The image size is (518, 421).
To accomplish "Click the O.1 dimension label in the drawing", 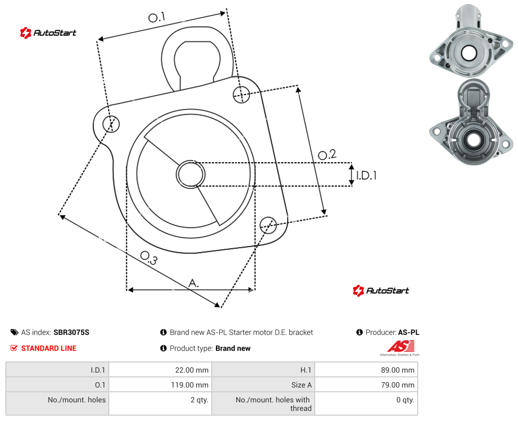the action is coord(157,17).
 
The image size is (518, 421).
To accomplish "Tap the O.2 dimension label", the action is coord(327,154).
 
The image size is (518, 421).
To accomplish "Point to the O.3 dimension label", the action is coord(149,258).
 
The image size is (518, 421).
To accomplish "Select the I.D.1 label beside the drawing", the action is coord(366,175).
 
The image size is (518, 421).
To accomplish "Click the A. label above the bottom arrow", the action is coord(194,283).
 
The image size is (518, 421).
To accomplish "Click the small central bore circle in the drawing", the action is coord(191,174).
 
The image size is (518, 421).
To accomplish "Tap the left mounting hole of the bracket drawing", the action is coord(111,124).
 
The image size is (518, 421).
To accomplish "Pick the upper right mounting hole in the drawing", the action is coord(241,94).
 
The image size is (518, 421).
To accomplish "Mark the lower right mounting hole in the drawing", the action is coord(268,225).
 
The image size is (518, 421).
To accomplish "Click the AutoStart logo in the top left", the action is coord(48,33).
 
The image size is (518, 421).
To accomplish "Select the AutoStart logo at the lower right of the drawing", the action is coord(381,291).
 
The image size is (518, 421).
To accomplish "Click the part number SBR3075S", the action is coord(71,332).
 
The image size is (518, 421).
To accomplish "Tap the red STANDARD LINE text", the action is coord(49,348).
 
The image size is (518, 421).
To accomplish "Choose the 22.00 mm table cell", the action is coord(161,370).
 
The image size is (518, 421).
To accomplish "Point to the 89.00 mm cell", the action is coord(366,370).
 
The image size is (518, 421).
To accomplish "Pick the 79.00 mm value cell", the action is coord(366,385).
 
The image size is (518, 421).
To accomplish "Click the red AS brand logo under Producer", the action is coord(401,347).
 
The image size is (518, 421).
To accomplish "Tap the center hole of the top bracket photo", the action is coord(469,53).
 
